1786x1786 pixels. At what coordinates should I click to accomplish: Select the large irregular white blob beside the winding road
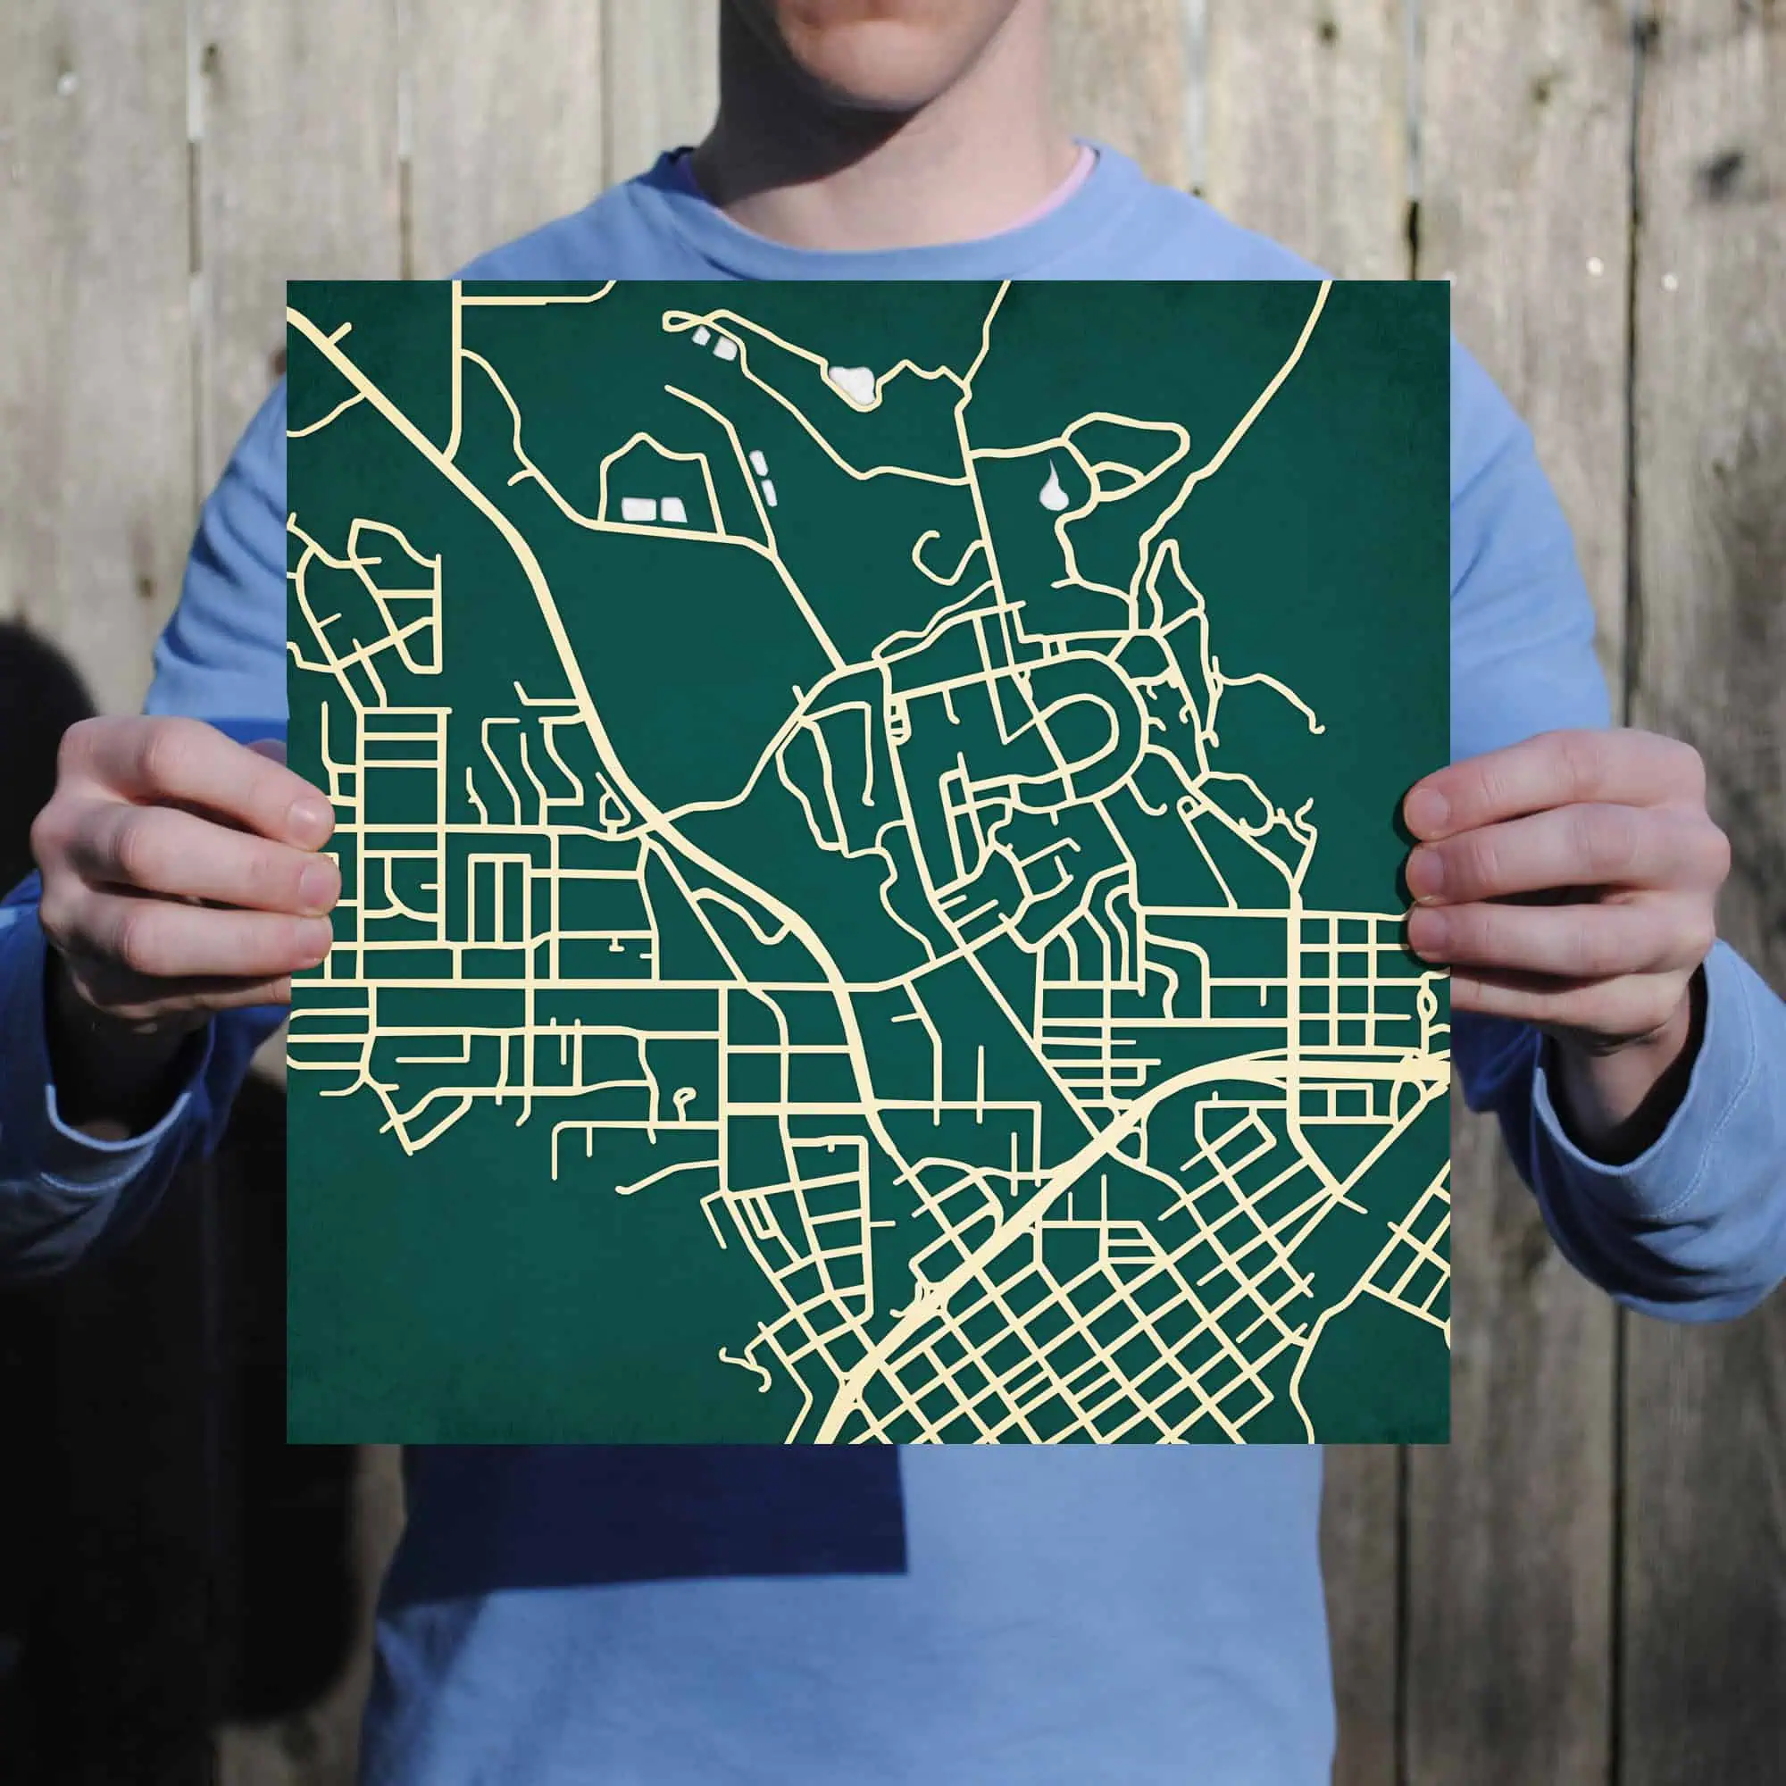point(855,381)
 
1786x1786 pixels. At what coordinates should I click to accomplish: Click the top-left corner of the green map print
point(288,282)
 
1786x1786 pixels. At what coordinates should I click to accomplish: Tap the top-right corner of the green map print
point(1448,282)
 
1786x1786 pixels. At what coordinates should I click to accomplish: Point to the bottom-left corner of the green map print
point(288,1443)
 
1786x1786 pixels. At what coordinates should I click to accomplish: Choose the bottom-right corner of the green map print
point(1448,1443)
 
